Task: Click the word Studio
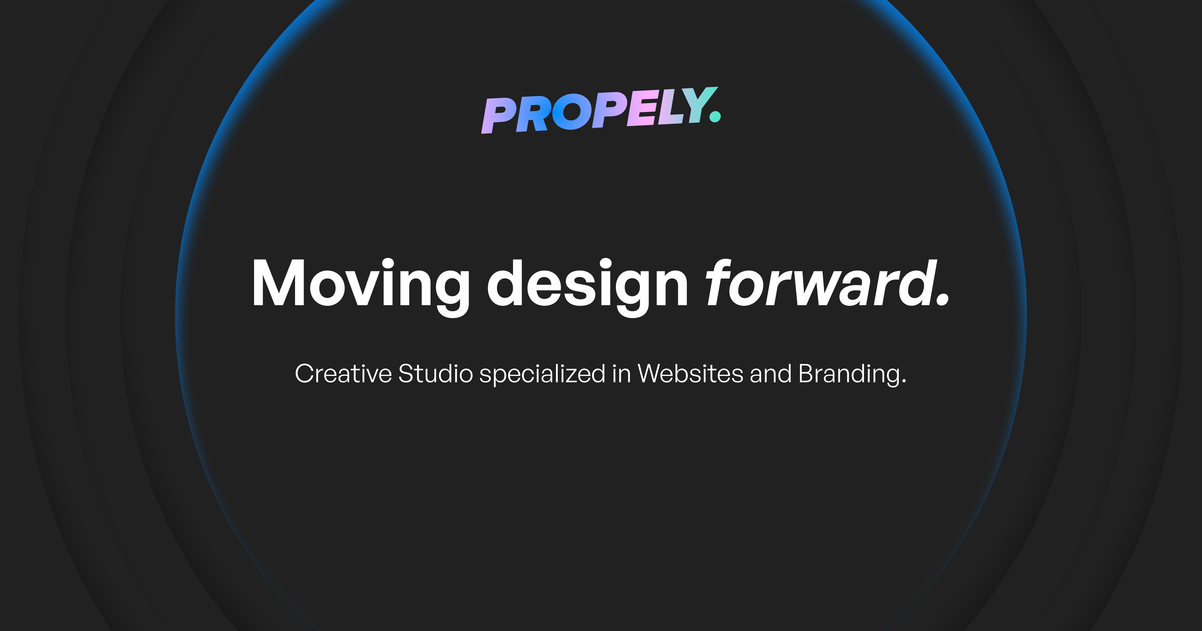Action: point(435,374)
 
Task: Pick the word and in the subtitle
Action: point(770,374)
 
